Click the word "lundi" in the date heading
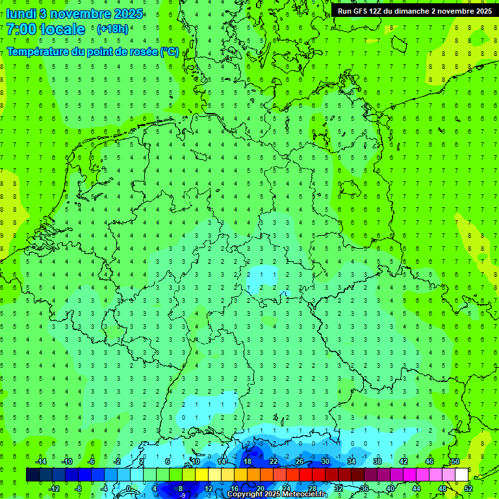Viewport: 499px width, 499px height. click(x=21, y=14)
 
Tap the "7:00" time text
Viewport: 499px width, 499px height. click(x=19, y=29)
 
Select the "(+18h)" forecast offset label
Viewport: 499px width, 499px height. click(x=112, y=29)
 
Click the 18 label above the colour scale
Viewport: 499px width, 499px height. click(x=247, y=461)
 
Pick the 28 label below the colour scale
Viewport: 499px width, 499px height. click(x=312, y=489)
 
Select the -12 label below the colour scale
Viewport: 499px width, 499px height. click(x=54, y=489)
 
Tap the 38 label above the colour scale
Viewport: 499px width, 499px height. click(x=377, y=461)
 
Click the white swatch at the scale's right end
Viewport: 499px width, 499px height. click(x=461, y=475)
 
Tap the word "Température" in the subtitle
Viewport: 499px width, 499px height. click(x=36, y=52)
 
